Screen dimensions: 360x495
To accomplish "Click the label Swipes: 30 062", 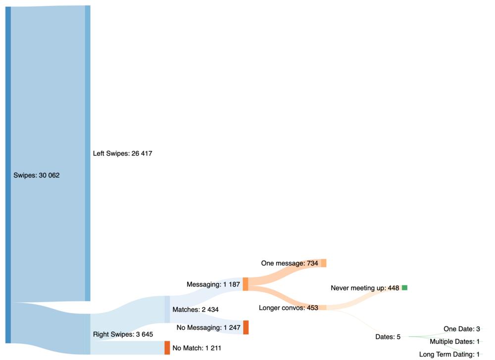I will (37, 175).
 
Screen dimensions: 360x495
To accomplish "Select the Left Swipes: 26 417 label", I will (122, 154).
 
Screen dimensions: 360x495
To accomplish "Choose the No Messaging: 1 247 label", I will (208, 327).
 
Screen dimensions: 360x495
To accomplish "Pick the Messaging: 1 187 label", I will (213, 284).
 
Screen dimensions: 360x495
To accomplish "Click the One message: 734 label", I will (290, 264).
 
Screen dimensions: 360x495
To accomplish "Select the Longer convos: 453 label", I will (288, 308).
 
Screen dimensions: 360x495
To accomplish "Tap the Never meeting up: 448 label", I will (365, 288).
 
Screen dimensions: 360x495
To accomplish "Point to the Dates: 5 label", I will (388, 337).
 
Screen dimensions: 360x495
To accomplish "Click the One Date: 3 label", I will (462, 329).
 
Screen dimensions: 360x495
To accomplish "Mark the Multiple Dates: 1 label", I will (455, 342).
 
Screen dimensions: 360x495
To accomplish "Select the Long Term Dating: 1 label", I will (449, 354).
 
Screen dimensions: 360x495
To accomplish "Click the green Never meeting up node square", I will (404, 288).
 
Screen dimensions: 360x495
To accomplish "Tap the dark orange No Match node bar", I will (167, 348).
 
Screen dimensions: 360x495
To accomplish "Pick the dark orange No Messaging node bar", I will (246, 327).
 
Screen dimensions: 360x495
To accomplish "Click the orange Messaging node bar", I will (246, 284).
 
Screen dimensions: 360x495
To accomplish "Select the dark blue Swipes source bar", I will (8, 175).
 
